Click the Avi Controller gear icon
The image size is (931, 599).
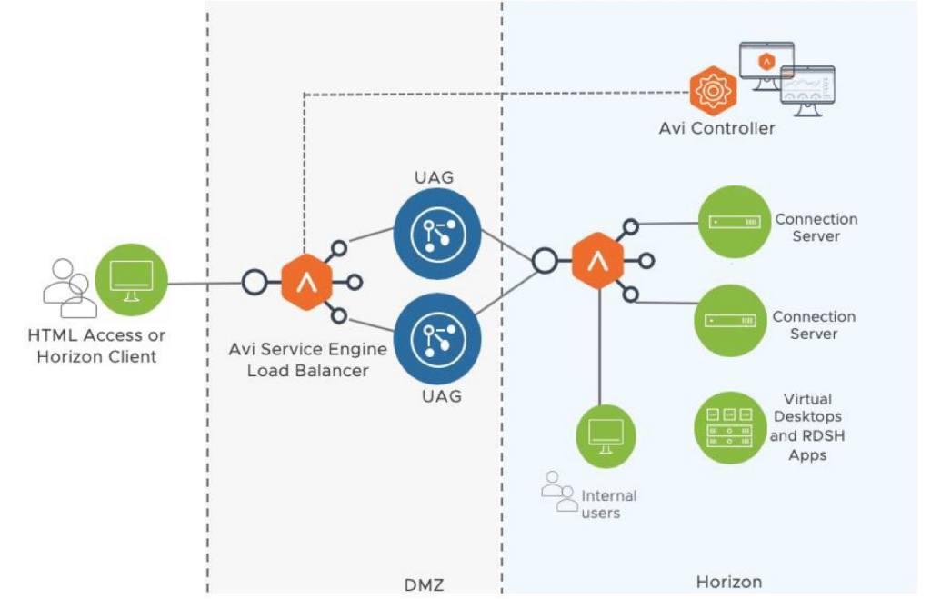[712, 91]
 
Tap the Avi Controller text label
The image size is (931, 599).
[716, 128]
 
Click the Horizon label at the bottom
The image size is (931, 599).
[728, 582]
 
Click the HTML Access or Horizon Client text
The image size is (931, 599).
[96, 346]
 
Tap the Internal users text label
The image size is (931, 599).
[607, 504]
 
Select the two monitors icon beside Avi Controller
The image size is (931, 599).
[787, 78]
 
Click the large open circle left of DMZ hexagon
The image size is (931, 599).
[255, 283]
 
